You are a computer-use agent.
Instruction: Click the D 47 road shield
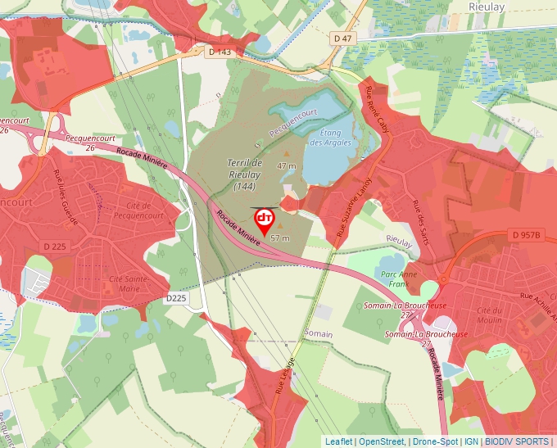[342, 38]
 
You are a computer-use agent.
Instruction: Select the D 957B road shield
[528, 235]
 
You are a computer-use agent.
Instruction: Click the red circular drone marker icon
[265, 218]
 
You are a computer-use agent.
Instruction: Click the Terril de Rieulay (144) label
[244, 174]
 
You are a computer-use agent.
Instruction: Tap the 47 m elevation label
[287, 165]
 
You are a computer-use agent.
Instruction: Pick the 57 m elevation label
[280, 238]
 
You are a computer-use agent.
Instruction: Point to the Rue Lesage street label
[288, 376]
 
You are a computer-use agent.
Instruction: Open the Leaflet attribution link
[339, 441]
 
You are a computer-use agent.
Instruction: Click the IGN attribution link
[471, 441]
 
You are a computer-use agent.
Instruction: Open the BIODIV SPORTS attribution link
[517, 441]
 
